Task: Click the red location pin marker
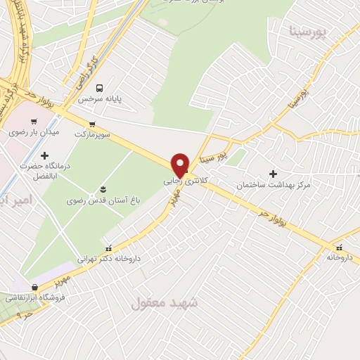point(181,165)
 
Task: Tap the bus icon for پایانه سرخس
point(100,89)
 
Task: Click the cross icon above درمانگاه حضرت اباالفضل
point(45,155)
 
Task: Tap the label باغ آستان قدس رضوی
point(103,200)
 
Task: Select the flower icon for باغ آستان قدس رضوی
point(103,189)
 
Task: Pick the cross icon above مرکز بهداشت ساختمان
point(274,173)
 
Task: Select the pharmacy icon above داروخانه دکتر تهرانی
point(108,248)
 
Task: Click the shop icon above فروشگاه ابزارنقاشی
point(34,287)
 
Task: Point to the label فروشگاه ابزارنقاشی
point(34,297)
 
